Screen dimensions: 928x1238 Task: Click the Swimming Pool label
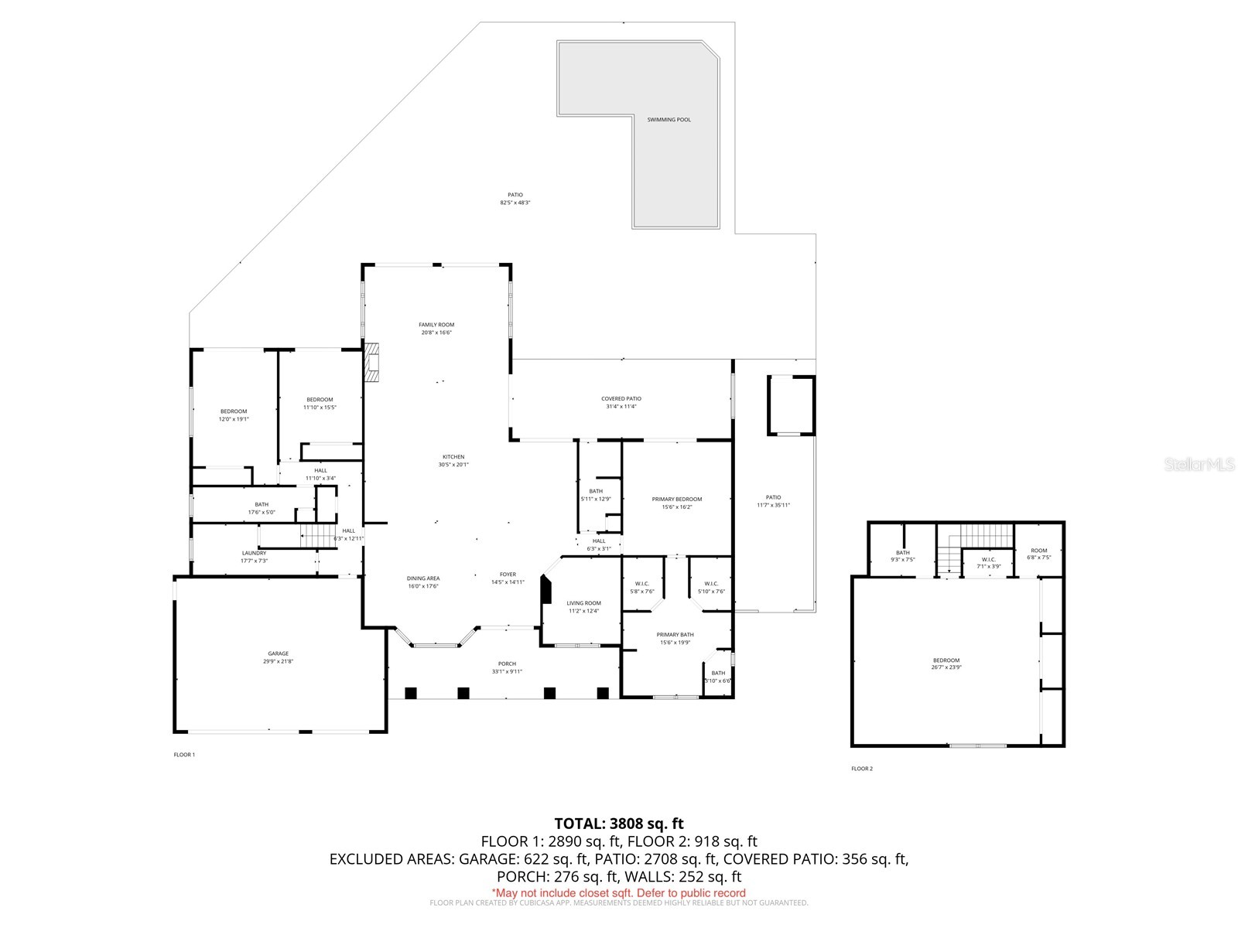click(669, 120)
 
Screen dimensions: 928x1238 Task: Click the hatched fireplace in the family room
click(374, 363)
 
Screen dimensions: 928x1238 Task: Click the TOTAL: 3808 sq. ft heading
click(619, 824)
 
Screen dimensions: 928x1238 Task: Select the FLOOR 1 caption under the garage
click(184, 755)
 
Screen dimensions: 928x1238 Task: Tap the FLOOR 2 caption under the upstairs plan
click(862, 769)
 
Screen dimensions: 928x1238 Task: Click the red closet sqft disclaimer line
click(619, 893)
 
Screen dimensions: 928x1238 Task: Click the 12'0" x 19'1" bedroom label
click(234, 415)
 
